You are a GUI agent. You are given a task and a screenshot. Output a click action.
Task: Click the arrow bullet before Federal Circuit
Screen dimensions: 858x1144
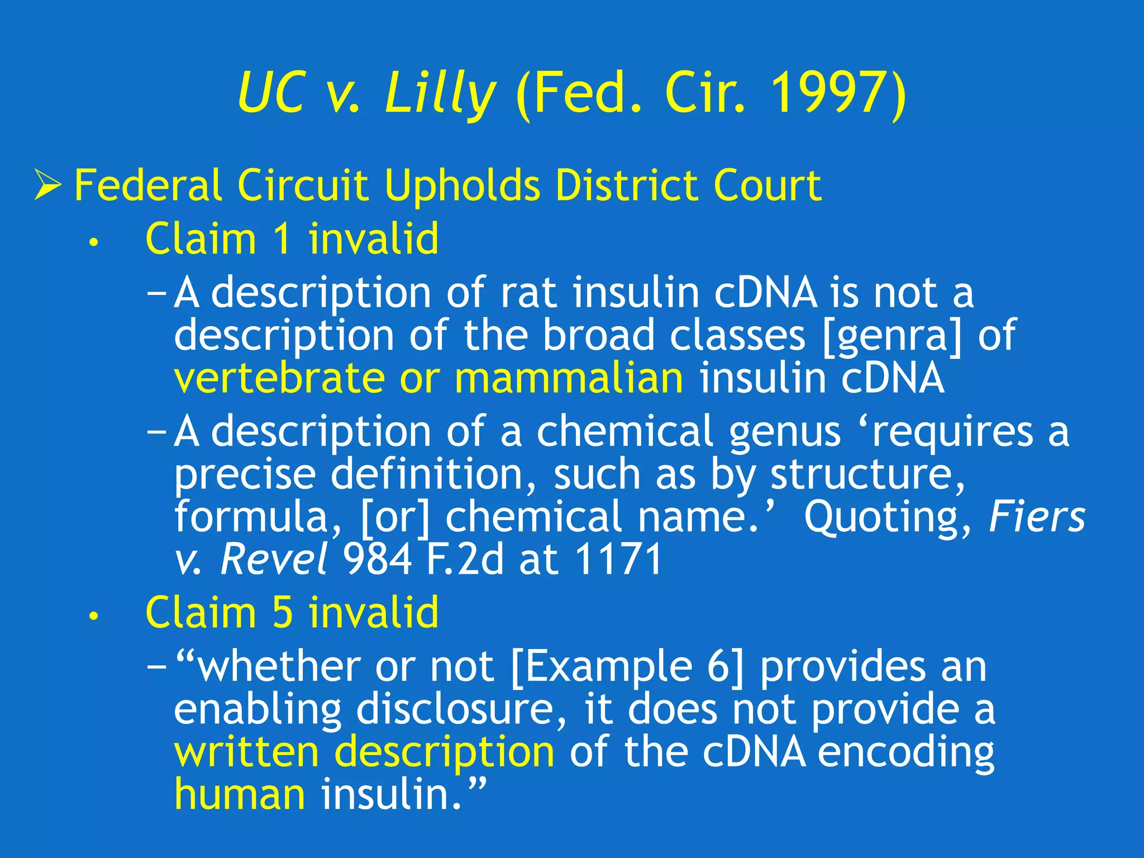pyautogui.click(x=47, y=185)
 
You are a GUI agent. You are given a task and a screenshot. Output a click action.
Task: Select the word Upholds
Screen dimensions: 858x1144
pyautogui.click(x=463, y=185)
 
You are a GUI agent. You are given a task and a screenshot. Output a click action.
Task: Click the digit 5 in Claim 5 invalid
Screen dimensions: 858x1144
pyautogui.click(x=283, y=612)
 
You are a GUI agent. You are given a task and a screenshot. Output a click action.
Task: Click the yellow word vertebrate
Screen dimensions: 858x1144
pyautogui.click(x=279, y=378)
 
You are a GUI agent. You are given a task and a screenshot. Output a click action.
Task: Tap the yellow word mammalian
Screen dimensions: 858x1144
pyautogui.click(x=569, y=378)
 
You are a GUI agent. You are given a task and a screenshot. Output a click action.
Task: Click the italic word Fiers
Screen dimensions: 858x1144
pyautogui.click(x=1036, y=517)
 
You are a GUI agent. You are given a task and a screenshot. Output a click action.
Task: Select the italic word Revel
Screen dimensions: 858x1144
pyautogui.click(x=274, y=559)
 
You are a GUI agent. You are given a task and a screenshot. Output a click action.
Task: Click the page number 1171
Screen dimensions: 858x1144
pyautogui.click(x=617, y=559)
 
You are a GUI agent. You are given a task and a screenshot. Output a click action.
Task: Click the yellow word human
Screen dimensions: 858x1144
pyautogui.click(x=240, y=794)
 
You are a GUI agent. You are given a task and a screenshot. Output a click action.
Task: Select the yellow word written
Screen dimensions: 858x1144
pyautogui.click(x=246, y=752)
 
